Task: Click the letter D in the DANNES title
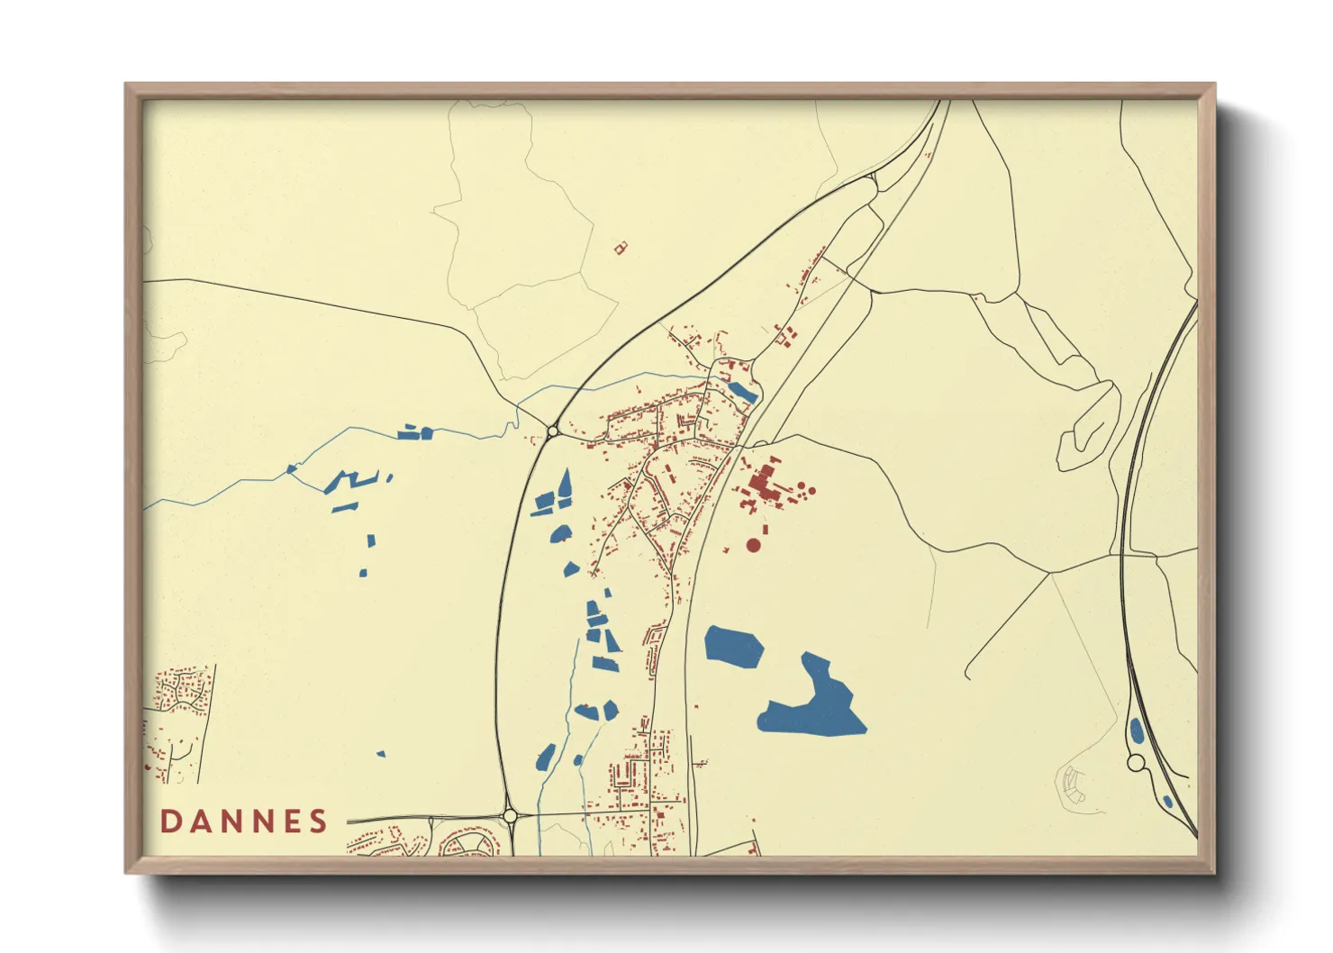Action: click(172, 821)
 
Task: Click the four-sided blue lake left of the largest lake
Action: click(732, 647)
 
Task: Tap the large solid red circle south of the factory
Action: click(753, 545)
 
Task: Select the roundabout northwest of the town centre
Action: click(552, 431)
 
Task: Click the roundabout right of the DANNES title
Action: click(511, 816)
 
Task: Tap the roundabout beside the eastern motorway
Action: click(1136, 763)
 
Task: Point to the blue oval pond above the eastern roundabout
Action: click(1137, 730)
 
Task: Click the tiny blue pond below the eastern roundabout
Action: click(1167, 801)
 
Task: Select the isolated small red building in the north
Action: click(620, 247)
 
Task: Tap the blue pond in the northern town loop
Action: click(743, 392)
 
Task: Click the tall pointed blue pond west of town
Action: click(566, 486)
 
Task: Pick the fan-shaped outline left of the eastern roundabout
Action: click(1072, 784)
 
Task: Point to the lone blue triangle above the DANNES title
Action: click(381, 753)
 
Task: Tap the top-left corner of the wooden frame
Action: click(127, 86)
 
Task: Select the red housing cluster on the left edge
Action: click(177, 721)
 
